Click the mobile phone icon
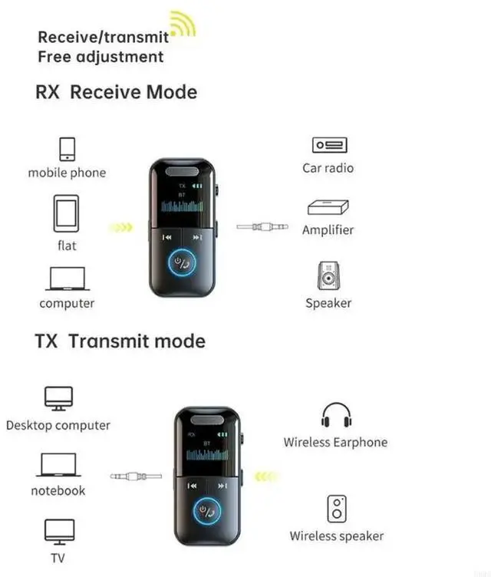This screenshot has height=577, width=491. (x=67, y=148)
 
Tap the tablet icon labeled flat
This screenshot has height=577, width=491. (x=66, y=213)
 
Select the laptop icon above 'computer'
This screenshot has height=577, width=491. (x=67, y=279)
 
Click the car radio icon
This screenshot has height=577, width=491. (x=329, y=145)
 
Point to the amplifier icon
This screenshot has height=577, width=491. (x=328, y=207)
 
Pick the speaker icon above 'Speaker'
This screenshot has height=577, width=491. (x=328, y=275)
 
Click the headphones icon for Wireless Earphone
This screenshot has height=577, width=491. (x=336, y=415)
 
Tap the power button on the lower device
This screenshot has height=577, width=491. (x=206, y=510)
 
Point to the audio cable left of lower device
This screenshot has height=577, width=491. (x=136, y=476)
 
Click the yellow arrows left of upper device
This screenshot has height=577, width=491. (x=121, y=227)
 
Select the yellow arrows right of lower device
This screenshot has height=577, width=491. (x=265, y=476)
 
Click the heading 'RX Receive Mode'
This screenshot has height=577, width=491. (x=116, y=92)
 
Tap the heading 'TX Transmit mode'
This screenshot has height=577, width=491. (x=120, y=341)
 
